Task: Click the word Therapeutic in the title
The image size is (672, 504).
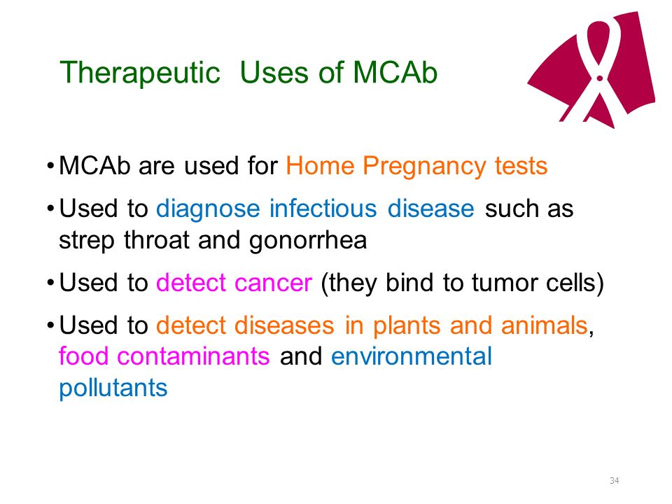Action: coord(140,73)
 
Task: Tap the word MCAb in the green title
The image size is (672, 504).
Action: coord(395,71)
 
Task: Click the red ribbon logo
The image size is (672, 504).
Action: coord(591,69)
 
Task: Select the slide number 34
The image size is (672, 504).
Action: coord(614,480)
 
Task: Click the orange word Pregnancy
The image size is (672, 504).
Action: coord(424,167)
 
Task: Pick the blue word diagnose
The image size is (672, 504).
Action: coord(208,209)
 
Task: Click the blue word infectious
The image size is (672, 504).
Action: coord(323,209)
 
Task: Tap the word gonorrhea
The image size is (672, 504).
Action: coord(308,241)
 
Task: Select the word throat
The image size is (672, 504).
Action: coord(156,239)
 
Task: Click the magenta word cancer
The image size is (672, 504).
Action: coord(273,283)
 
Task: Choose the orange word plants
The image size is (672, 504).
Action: coord(406,326)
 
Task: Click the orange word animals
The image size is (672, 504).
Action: coord(544,325)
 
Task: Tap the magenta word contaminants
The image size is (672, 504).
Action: coord(193,356)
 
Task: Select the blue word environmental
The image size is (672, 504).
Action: coord(412,356)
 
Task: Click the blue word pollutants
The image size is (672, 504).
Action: coord(113,388)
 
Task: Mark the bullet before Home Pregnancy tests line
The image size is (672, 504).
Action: coord(50,166)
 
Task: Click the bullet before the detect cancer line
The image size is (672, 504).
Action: coord(50,283)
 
